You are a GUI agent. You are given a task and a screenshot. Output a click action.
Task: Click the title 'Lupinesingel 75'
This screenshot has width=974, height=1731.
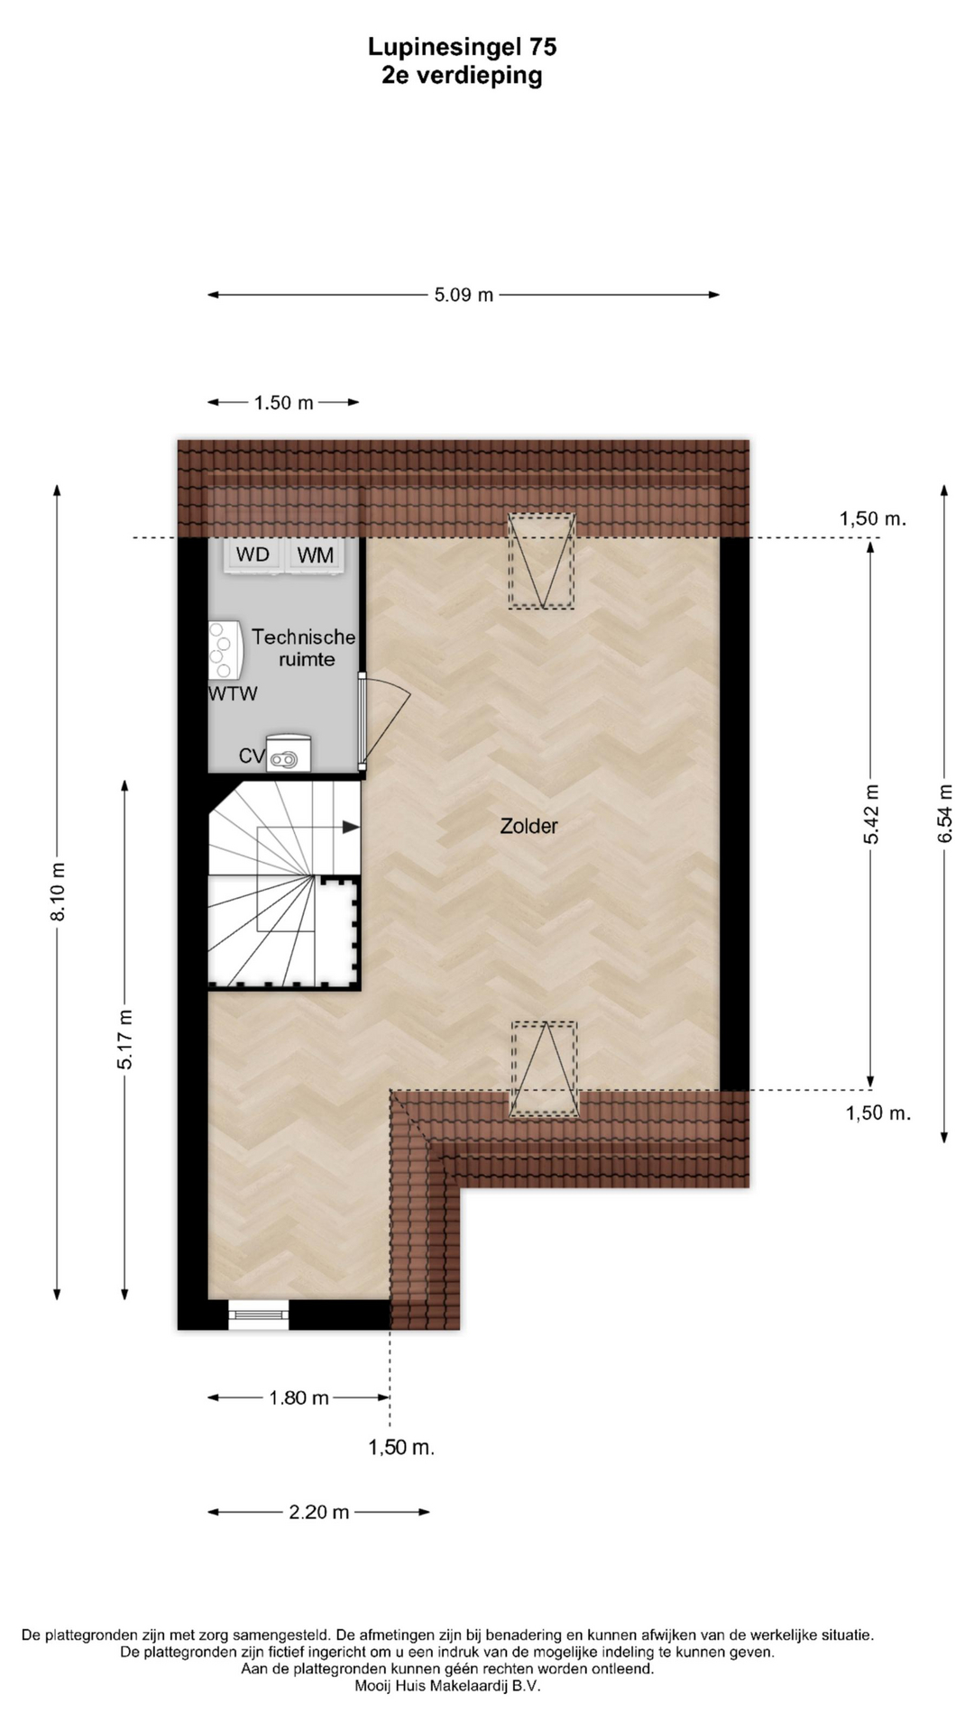[x=462, y=47]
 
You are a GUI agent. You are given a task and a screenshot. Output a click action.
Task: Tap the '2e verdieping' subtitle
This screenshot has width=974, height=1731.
[x=462, y=76]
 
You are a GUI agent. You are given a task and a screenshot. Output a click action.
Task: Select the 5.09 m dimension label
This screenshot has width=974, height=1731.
[x=464, y=295]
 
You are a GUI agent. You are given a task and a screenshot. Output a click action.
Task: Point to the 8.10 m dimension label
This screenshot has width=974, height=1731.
[x=58, y=892]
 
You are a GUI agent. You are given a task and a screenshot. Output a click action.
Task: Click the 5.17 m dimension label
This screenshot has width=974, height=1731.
[x=125, y=1040]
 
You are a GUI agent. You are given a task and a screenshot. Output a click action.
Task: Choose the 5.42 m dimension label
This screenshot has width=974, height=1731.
[x=871, y=814]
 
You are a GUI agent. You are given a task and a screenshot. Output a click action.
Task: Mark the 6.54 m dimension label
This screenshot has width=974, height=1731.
[x=945, y=814]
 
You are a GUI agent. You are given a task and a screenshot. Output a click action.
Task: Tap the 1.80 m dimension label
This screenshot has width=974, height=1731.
[x=299, y=1398]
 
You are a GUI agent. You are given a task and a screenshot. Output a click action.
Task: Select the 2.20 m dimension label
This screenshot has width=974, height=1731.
[x=318, y=1512]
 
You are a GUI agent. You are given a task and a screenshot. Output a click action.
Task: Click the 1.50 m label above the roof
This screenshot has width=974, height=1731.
[x=283, y=403]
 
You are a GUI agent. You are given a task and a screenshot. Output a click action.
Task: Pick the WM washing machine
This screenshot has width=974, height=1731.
[x=315, y=554]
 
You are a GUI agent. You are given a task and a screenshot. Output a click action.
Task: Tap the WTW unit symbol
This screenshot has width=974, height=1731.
[x=225, y=649]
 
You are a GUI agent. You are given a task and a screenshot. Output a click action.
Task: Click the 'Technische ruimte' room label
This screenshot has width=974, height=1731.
[x=305, y=648]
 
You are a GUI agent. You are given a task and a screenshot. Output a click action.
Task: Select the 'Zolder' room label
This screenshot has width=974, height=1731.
[x=529, y=826]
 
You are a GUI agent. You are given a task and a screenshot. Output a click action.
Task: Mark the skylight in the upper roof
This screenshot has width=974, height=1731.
[x=541, y=561]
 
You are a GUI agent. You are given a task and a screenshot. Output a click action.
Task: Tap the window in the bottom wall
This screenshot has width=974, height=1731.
[x=259, y=1315]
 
